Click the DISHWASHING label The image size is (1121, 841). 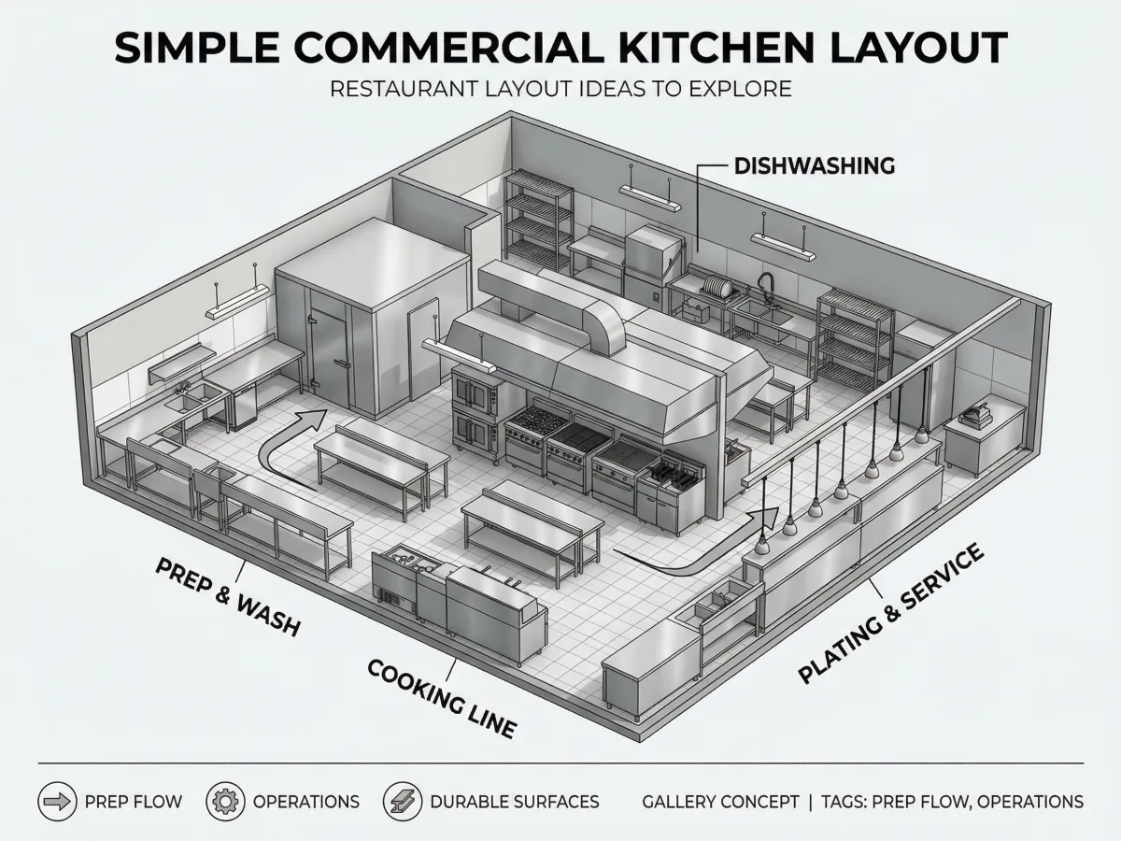pos(814,166)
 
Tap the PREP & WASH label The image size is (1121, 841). pos(228,596)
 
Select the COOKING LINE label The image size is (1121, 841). pos(442,698)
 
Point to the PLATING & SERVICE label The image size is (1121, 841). pos(890,613)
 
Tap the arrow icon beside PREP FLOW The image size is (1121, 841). pos(57,801)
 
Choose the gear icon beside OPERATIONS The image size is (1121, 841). pos(225,801)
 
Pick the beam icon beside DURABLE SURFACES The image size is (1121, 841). pos(403,801)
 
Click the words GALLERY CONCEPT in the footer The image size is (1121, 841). pos(720,802)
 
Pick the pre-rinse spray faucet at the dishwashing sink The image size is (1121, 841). pos(765,288)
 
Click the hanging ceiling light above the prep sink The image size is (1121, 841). pos(237,301)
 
